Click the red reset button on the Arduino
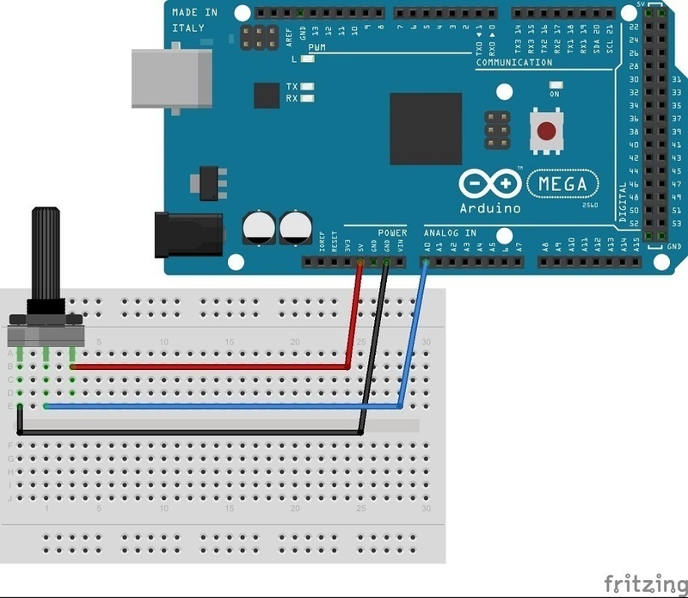(x=546, y=132)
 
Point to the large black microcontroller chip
(x=425, y=128)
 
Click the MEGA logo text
(x=562, y=184)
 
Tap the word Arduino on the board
(x=489, y=208)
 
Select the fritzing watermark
(x=645, y=583)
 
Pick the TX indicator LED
(x=306, y=87)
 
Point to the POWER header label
(x=392, y=233)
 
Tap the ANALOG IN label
(x=449, y=233)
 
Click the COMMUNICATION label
(x=513, y=63)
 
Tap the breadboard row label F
(x=9, y=446)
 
